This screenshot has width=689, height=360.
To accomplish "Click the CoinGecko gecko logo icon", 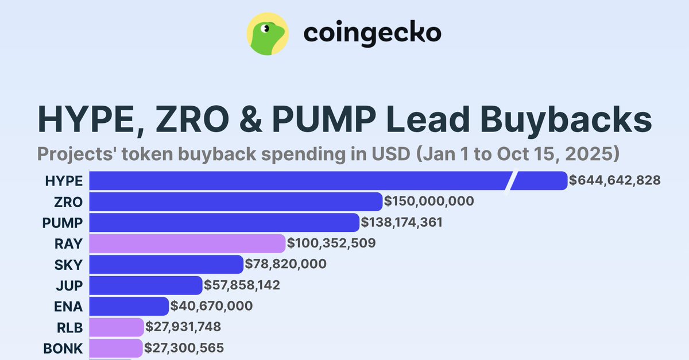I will pos(267,34).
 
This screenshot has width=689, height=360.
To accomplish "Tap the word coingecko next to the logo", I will pos(372,33).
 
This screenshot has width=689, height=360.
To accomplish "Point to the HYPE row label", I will pos(64,181).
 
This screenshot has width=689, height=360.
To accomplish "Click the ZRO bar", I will pos(235,202).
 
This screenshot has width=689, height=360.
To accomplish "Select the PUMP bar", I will pos(224,222).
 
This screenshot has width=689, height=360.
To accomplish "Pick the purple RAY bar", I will pos(187,243).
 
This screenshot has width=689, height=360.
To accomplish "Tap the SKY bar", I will pos(166,264).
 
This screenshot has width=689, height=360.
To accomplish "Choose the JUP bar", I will pos(146,285).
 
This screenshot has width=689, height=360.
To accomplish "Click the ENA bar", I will pos(129,306).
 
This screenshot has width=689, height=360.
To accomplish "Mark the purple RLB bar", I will pos(117,327).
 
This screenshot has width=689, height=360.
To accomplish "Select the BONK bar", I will pos(116,348).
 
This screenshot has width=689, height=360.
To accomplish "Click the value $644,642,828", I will pos(614,181).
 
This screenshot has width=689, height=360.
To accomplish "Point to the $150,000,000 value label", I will pos(429,202).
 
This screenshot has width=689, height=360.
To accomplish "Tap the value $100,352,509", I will pos(331,243).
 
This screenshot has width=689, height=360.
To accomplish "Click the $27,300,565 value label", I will pos(184,348).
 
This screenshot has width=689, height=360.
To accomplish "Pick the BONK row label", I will pos(63,348).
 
